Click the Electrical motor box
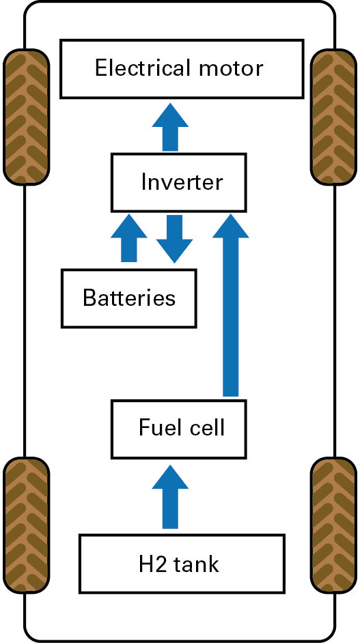[x=182, y=69]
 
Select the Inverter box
[x=178, y=182]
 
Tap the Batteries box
[x=129, y=298]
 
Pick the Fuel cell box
[x=178, y=429]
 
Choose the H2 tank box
[x=182, y=564]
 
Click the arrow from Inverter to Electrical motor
[x=170, y=127]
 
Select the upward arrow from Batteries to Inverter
[x=129, y=238]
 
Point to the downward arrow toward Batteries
[x=174, y=239]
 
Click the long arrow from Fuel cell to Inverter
[x=231, y=305]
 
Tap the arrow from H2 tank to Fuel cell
[x=170, y=497]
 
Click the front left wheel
[x=26, y=117]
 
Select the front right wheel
[x=333, y=117]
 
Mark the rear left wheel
[x=26, y=526]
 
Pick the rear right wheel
[x=333, y=526]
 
